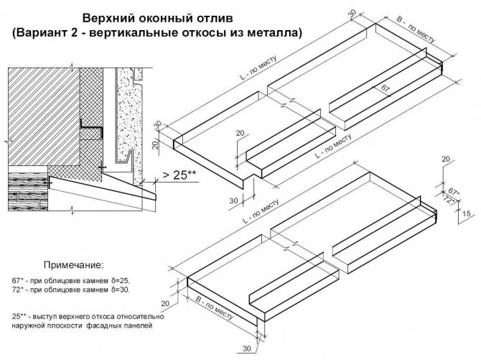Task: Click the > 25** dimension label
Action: [x=179, y=175]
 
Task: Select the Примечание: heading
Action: [x=74, y=264]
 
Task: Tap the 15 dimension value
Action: [x=466, y=213]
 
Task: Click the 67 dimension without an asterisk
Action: [x=386, y=89]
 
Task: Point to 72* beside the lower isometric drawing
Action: [x=449, y=200]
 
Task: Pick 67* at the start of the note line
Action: [x=18, y=280]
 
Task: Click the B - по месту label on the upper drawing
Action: [x=416, y=29]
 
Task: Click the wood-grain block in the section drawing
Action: [x=28, y=192]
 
